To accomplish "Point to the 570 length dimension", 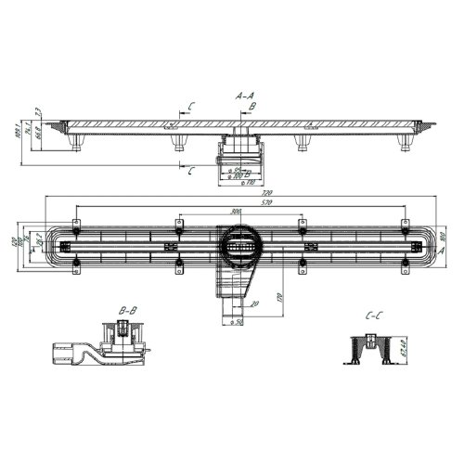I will [240, 203].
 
